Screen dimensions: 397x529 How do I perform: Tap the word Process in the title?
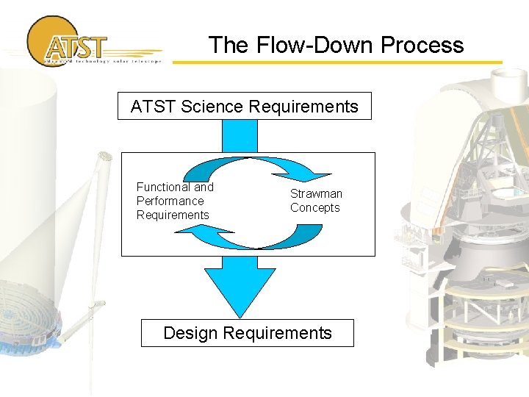click(422, 45)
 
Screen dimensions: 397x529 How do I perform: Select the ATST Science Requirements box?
click(245, 106)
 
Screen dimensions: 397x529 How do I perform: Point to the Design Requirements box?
click(248, 333)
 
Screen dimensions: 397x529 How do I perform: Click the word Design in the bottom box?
click(190, 333)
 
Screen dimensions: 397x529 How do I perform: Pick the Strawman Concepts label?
click(316, 201)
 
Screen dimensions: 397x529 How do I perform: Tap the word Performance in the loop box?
click(170, 201)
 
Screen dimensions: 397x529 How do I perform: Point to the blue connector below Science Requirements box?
click(240, 135)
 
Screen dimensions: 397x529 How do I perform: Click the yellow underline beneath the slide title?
click(338, 62)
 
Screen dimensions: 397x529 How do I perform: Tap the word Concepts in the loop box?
click(315, 208)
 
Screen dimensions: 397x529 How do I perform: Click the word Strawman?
click(316, 193)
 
